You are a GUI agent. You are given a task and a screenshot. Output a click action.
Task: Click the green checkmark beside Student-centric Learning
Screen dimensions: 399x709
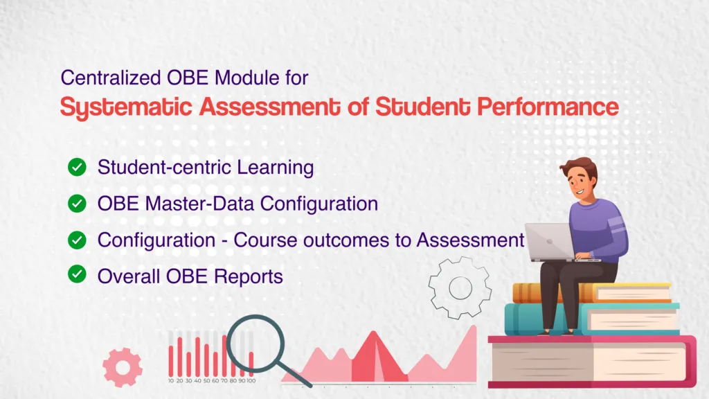(x=76, y=167)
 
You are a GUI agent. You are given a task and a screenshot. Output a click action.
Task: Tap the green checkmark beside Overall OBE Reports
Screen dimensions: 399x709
(x=76, y=275)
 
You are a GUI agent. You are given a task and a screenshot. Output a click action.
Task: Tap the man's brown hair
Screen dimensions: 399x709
(x=580, y=167)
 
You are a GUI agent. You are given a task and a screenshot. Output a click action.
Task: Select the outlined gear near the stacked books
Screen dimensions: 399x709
(x=459, y=286)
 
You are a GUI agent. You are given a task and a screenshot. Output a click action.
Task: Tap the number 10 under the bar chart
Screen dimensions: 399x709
(x=171, y=381)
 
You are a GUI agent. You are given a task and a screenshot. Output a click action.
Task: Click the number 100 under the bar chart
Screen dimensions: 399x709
(x=251, y=381)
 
